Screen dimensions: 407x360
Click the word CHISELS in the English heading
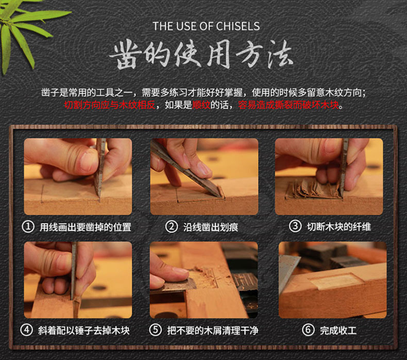(x=238, y=26)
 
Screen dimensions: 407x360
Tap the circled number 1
(x=28, y=227)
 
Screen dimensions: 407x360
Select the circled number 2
(x=172, y=227)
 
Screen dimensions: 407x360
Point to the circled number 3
(x=295, y=226)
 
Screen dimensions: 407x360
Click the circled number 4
(x=26, y=330)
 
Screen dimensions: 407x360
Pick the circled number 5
(x=156, y=330)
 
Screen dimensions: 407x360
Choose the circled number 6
(x=308, y=330)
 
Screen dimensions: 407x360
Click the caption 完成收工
(x=338, y=331)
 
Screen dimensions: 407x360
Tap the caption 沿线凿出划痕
(x=211, y=227)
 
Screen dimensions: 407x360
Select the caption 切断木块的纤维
(x=339, y=227)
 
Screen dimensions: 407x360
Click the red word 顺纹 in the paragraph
(x=201, y=105)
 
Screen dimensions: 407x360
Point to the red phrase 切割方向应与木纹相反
(x=110, y=105)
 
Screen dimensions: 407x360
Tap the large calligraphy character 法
(x=280, y=54)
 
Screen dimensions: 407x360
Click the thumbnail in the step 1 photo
(x=88, y=161)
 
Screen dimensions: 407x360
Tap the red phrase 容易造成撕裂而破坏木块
(x=289, y=105)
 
